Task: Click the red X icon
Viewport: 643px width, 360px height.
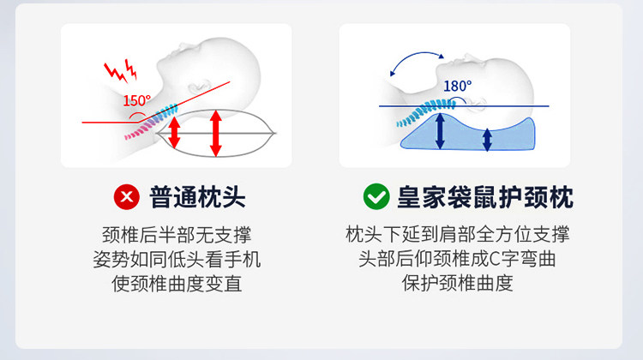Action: click(x=127, y=198)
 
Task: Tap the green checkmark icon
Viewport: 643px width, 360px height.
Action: click(x=376, y=198)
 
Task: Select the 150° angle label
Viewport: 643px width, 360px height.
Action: click(x=136, y=101)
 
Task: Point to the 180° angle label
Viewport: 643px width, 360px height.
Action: click(x=457, y=86)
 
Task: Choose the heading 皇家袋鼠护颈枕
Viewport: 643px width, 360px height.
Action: click(x=484, y=198)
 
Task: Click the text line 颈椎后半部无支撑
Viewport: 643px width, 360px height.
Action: click(x=177, y=235)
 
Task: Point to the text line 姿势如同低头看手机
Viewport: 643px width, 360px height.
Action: click(x=177, y=259)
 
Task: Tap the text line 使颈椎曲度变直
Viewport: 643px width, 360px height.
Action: click(x=177, y=284)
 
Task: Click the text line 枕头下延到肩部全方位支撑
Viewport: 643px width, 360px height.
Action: click(x=457, y=235)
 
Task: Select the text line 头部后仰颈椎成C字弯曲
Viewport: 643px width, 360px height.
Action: click(x=457, y=259)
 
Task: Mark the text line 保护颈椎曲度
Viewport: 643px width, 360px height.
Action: click(x=457, y=284)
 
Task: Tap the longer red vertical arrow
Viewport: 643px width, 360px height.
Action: click(x=216, y=132)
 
